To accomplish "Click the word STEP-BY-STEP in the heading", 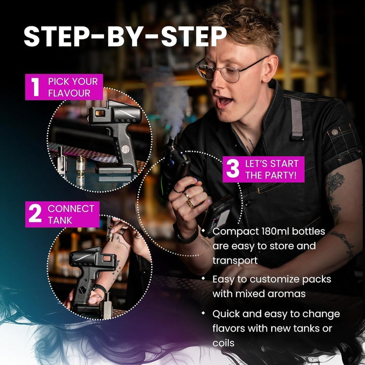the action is point(125,36).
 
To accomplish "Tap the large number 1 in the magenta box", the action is point(35,87).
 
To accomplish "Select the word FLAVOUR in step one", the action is point(69,93).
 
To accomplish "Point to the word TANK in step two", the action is point(60,220).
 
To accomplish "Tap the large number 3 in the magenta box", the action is point(233,169).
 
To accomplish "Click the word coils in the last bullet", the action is point(223,343).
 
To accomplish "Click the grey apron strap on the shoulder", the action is point(297,119).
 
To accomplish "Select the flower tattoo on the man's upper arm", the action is point(336,182).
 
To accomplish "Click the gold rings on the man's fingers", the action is point(189,200).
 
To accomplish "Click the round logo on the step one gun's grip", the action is point(125,149).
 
